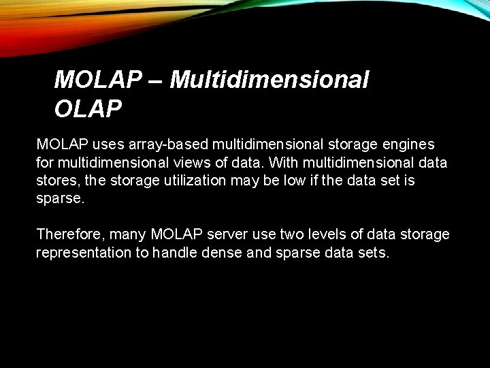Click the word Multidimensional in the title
point(269,80)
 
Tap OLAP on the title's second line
point(88,108)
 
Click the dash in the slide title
point(155,80)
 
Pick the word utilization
point(188,181)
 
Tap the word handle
point(176,252)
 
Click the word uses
point(104,144)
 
